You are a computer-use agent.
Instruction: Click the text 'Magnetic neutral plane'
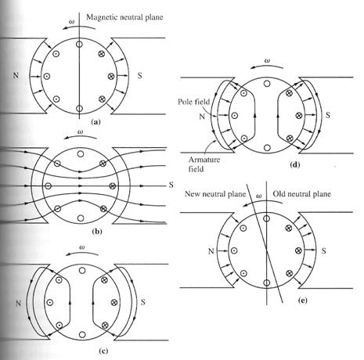pos(124,17)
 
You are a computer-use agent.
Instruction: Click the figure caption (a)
pos(96,121)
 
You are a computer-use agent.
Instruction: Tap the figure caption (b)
pos(97,232)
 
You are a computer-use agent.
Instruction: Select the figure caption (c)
pos(103,351)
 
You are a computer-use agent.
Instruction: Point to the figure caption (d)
pos(295,164)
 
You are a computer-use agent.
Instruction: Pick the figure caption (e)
pos(303,301)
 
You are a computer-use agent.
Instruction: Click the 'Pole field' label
pos(193,102)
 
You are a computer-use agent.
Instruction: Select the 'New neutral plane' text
pos(215,194)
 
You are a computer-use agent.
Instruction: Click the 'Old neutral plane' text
pos(301,194)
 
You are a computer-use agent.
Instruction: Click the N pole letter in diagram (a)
pos(16,75)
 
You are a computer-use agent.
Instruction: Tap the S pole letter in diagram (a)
pos(140,76)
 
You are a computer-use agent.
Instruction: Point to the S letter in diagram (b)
pos(171,185)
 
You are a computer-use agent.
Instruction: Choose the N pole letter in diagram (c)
pos(18,304)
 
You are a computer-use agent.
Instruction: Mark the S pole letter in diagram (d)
pos(328,115)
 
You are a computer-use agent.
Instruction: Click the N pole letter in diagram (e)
pos(211,251)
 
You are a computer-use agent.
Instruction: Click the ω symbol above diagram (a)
pos(71,22)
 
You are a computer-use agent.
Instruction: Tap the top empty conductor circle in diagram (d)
pos(267,84)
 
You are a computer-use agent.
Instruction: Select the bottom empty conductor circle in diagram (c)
pos(82,334)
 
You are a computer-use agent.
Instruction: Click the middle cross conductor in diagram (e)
pos(298,250)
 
